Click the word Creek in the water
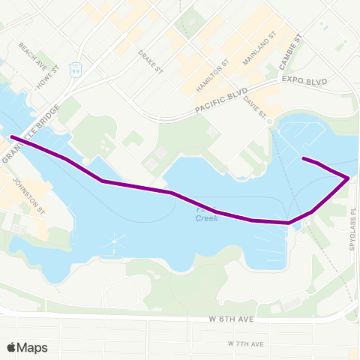pos(207,218)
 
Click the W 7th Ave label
pos(245,343)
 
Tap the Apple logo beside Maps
pos(12,347)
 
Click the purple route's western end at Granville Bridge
pos(12,136)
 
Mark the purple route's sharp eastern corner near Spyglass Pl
pos(348,178)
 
